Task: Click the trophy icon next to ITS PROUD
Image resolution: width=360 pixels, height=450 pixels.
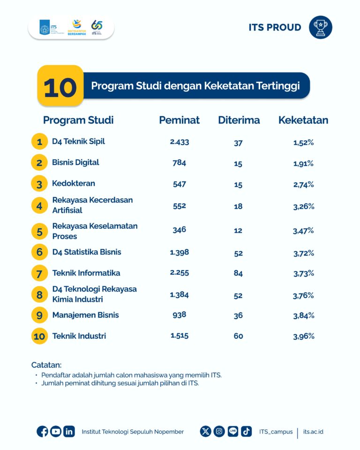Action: (x=321, y=27)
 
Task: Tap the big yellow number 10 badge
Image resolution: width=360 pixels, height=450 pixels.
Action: (x=60, y=86)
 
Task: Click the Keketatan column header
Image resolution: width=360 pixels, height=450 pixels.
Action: (x=303, y=120)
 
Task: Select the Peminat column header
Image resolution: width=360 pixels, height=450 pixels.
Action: (x=179, y=120)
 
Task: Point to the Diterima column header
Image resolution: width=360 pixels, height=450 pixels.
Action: (x=239, y=120)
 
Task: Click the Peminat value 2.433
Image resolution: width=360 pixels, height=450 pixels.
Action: (x=180, y=142)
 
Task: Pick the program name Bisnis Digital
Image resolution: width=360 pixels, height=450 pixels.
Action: (x=75, y=162)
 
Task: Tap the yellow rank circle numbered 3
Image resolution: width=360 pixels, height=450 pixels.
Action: (x=39, y=183)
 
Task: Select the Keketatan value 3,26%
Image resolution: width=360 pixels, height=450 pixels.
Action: (x=303, y=206)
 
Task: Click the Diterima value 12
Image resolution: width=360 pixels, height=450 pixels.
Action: (x=238, y=231)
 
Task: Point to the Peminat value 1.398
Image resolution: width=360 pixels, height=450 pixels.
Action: (x=180, y=252)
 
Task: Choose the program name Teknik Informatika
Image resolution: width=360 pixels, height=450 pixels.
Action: (x=86, y=273)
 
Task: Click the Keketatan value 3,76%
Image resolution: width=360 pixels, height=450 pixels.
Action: (x=303, y=295)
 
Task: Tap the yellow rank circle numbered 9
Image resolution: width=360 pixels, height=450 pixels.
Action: (x=39, y=315)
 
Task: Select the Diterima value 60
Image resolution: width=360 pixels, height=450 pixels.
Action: (x=238, y=336)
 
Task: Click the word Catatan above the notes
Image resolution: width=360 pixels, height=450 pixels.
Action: (x=46, y=365)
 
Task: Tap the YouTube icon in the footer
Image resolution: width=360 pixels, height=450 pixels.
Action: (x=56, y=432)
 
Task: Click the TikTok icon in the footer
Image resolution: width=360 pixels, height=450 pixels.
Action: (x=247, y=432)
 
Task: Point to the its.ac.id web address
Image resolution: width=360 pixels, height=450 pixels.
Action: (x=313, y=432)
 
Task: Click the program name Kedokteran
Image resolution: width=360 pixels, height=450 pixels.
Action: (x=74, y=183)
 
